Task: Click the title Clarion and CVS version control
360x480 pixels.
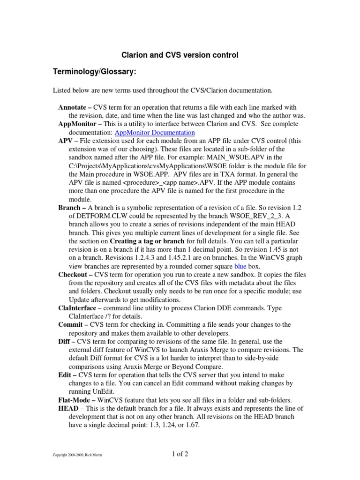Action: click(x=180, y=55)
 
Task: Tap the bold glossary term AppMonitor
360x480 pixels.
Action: click(x=77, y=124)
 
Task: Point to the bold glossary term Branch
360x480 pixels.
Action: click(x=69, y=208)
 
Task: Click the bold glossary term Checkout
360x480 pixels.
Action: click(x=74, y=275)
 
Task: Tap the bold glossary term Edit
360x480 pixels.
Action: click(x=66, y=375)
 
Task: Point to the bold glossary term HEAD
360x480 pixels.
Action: click(x=68, y=408)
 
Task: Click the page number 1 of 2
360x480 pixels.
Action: click(x=180, y=453)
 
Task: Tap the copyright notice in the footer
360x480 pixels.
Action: click(x=78, y=455)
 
